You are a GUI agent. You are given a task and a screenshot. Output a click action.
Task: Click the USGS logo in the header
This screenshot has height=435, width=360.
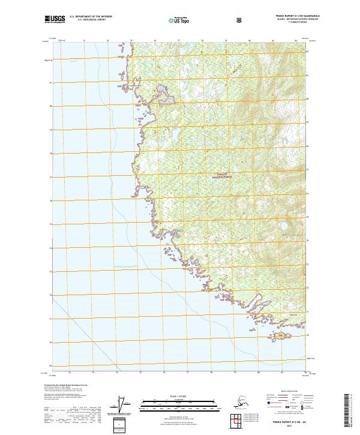[55, 19]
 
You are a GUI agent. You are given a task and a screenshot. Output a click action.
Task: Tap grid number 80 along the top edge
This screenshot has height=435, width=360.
[249, 41]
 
